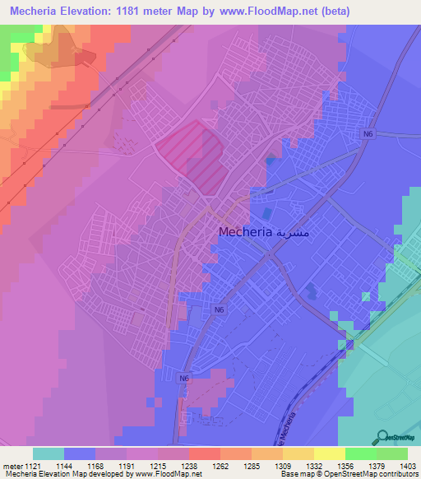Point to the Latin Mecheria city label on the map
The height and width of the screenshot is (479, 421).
point(246,232)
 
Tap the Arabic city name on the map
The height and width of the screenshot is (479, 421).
point(294,232)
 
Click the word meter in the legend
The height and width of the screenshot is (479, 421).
point(12,466)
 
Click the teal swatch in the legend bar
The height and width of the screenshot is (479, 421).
point(49,453)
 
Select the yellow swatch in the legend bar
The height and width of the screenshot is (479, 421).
point(330,453)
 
